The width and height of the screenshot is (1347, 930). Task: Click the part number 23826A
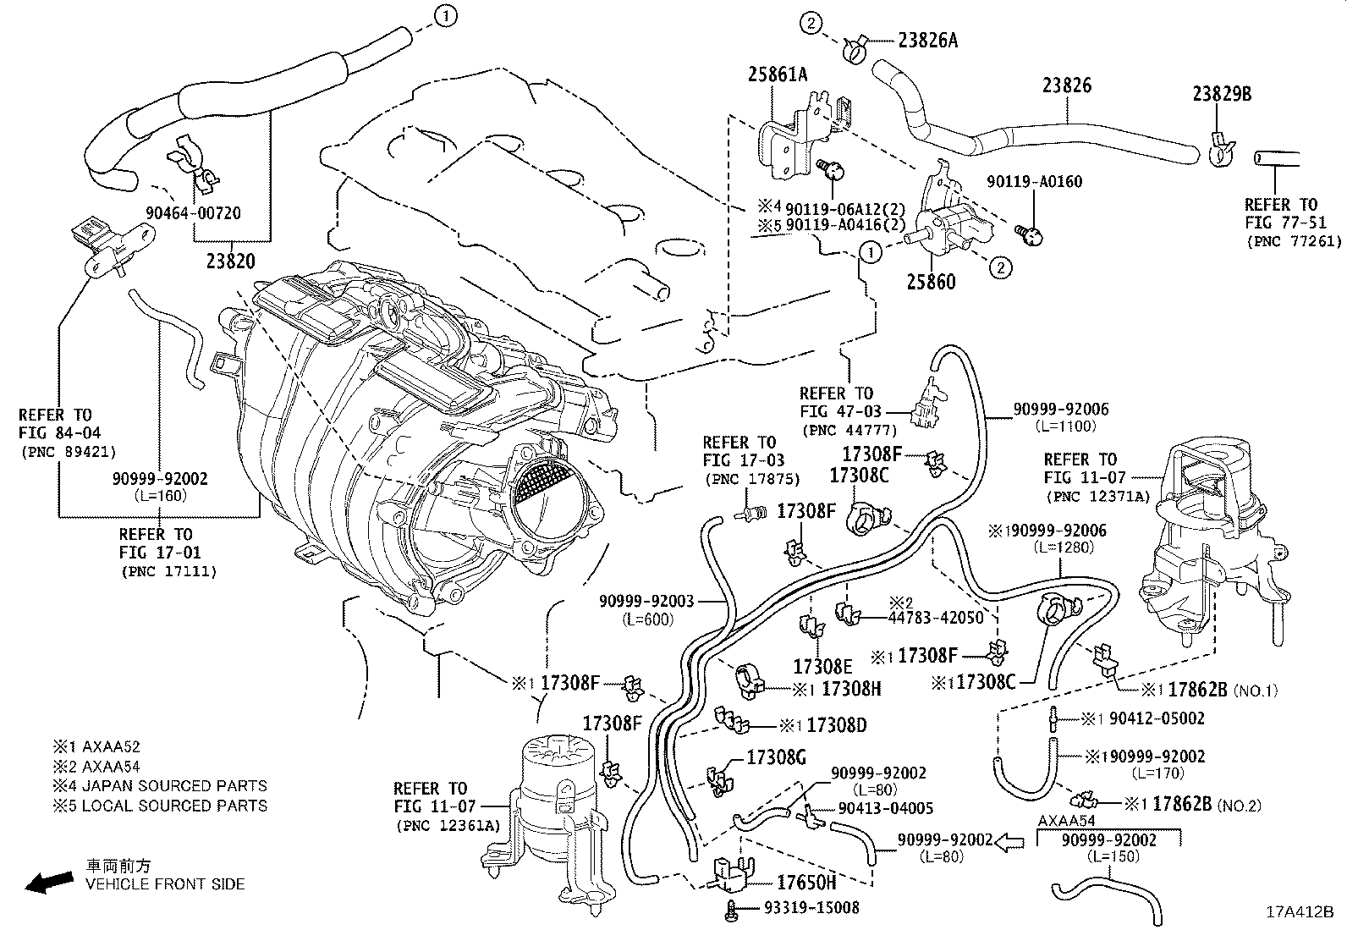[916, 40]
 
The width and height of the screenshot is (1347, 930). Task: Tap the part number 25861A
[777, 74]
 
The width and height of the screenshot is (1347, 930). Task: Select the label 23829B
[1222, 94]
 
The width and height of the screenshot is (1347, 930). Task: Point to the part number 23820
[229, 261]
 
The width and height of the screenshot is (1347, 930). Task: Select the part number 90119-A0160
[1034, 181]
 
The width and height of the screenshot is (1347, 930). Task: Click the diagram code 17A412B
[1300, 912]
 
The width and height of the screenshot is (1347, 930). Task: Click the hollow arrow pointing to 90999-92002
[1009, 840]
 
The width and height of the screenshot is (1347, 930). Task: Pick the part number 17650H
[806, 883]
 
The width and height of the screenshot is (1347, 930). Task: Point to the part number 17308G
[776, 757]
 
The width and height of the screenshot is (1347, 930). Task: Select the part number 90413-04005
[886, 808]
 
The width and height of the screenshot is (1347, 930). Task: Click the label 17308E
[822, 666]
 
